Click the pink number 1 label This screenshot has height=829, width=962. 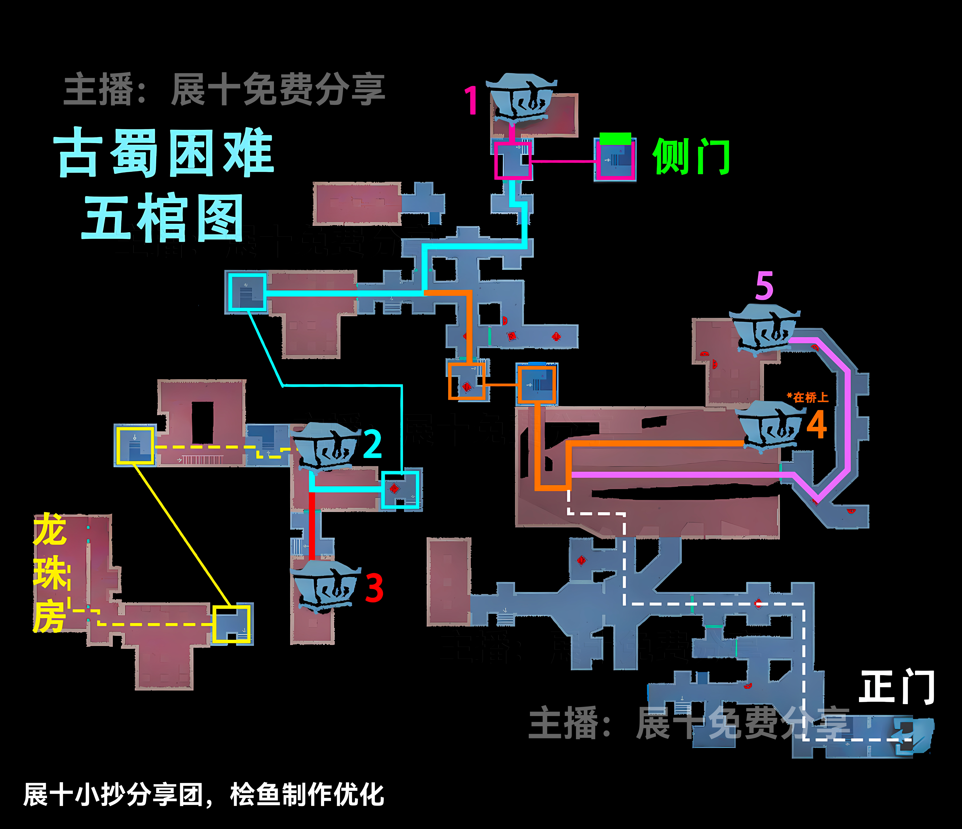[471, 100]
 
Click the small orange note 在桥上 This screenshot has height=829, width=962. [808, 397]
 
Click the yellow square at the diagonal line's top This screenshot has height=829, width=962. [135, 446]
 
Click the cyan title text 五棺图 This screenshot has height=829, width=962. [163, 217]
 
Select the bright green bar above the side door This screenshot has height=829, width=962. [615, 138]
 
